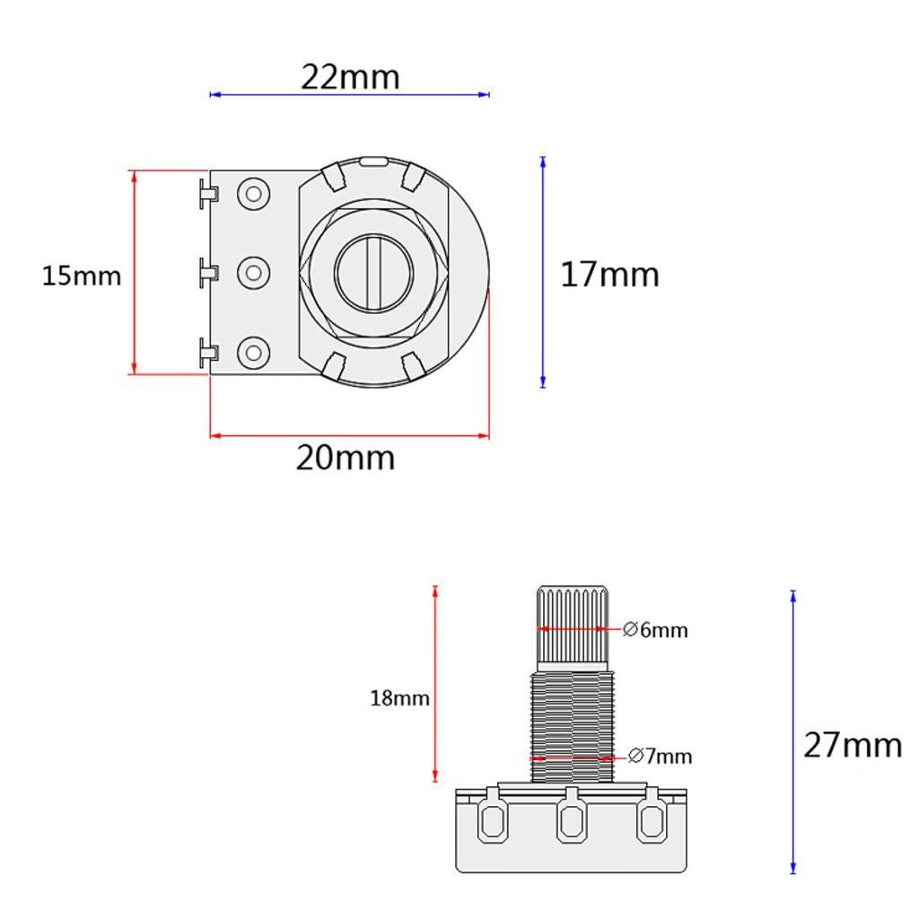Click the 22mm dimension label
351,77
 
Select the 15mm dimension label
82,276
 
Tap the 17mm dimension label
609,275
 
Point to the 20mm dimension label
346,458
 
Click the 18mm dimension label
399,698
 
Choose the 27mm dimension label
853,745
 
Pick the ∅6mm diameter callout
655,630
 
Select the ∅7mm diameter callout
660,756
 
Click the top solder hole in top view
253,194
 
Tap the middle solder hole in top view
253,273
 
